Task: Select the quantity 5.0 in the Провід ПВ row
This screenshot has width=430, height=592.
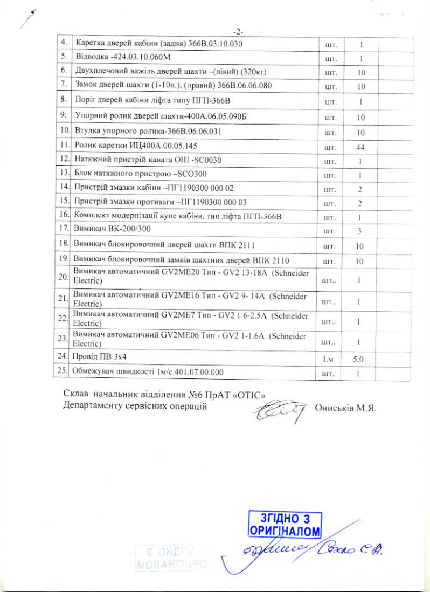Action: (x=359, y=357)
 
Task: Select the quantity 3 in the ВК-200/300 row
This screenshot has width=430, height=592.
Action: (x=359, y=230)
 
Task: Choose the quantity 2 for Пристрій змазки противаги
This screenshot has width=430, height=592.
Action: (x=359, y=203)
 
